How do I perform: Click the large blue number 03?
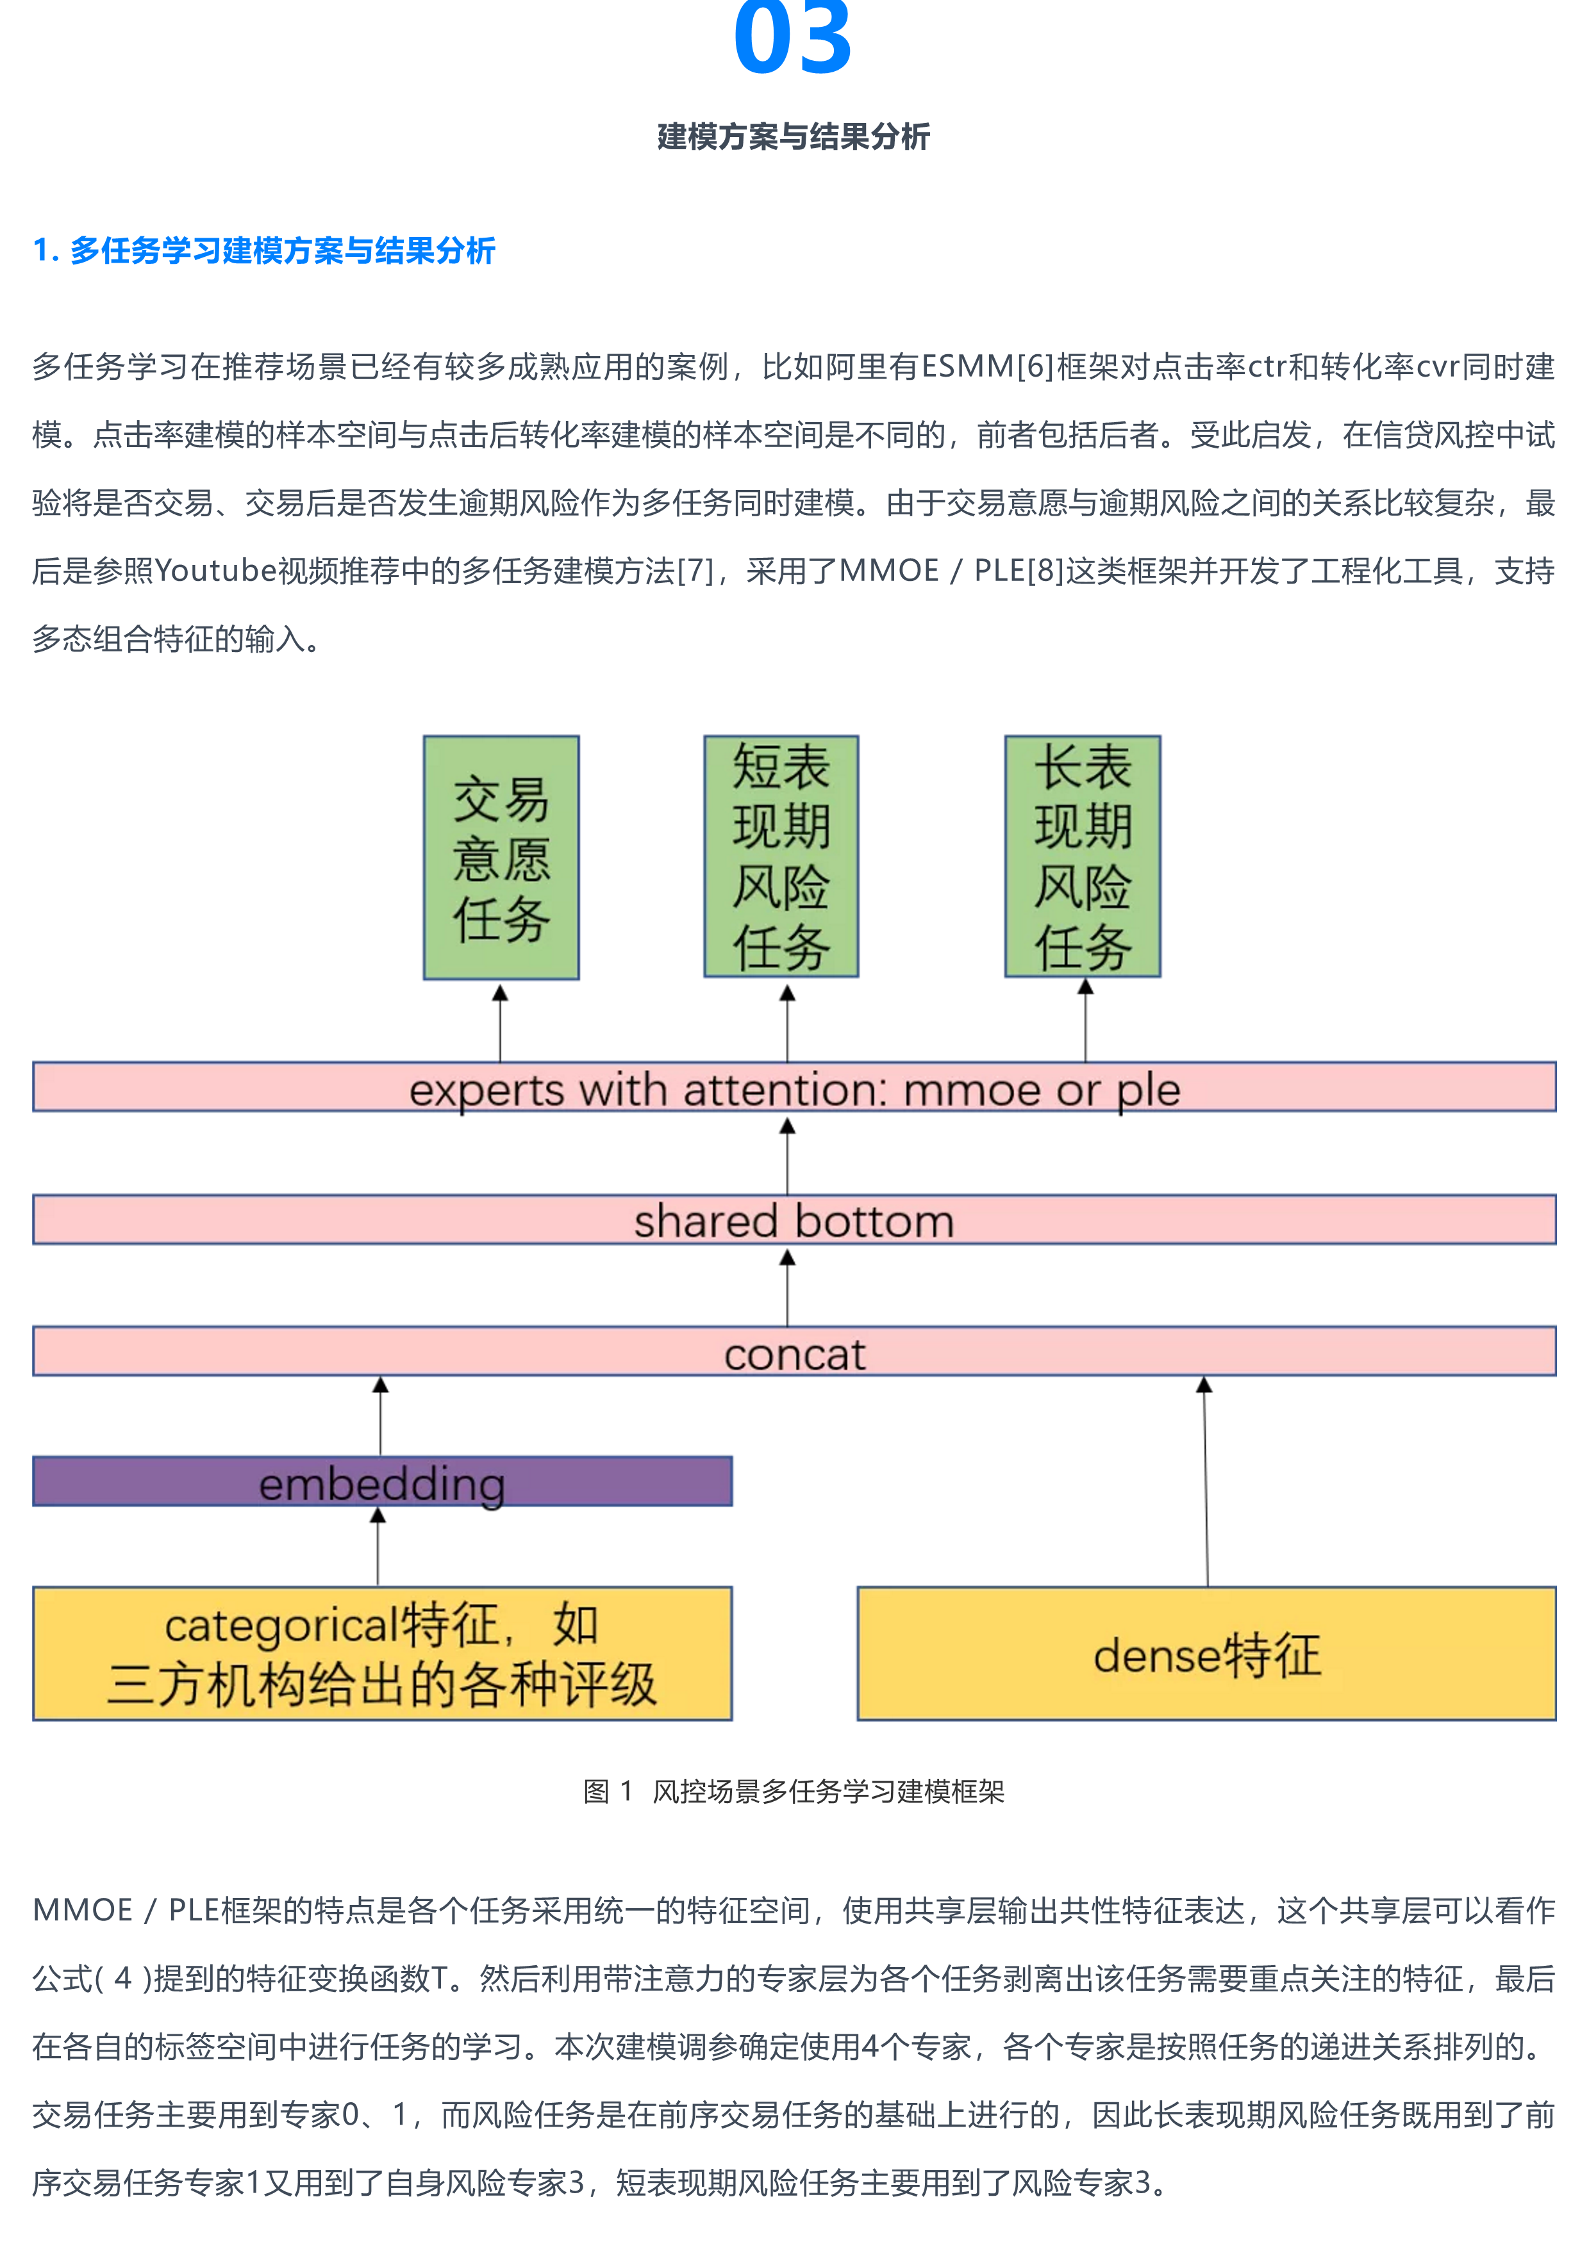[x=792, y=39]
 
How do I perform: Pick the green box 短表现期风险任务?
[x=781, y=857]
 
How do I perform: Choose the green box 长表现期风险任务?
[x=1083, y=857]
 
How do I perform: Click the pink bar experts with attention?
[x=794, y=1087]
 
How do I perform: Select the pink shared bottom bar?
[x=794, y=1220]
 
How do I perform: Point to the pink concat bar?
[x=794, y=1352]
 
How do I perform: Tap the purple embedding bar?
[x=382, y=1482]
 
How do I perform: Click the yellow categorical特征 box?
[x=382, y=1653]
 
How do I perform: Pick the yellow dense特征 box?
[x=1206, y=1653]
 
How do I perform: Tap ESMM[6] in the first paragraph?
[x=987, y=368]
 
